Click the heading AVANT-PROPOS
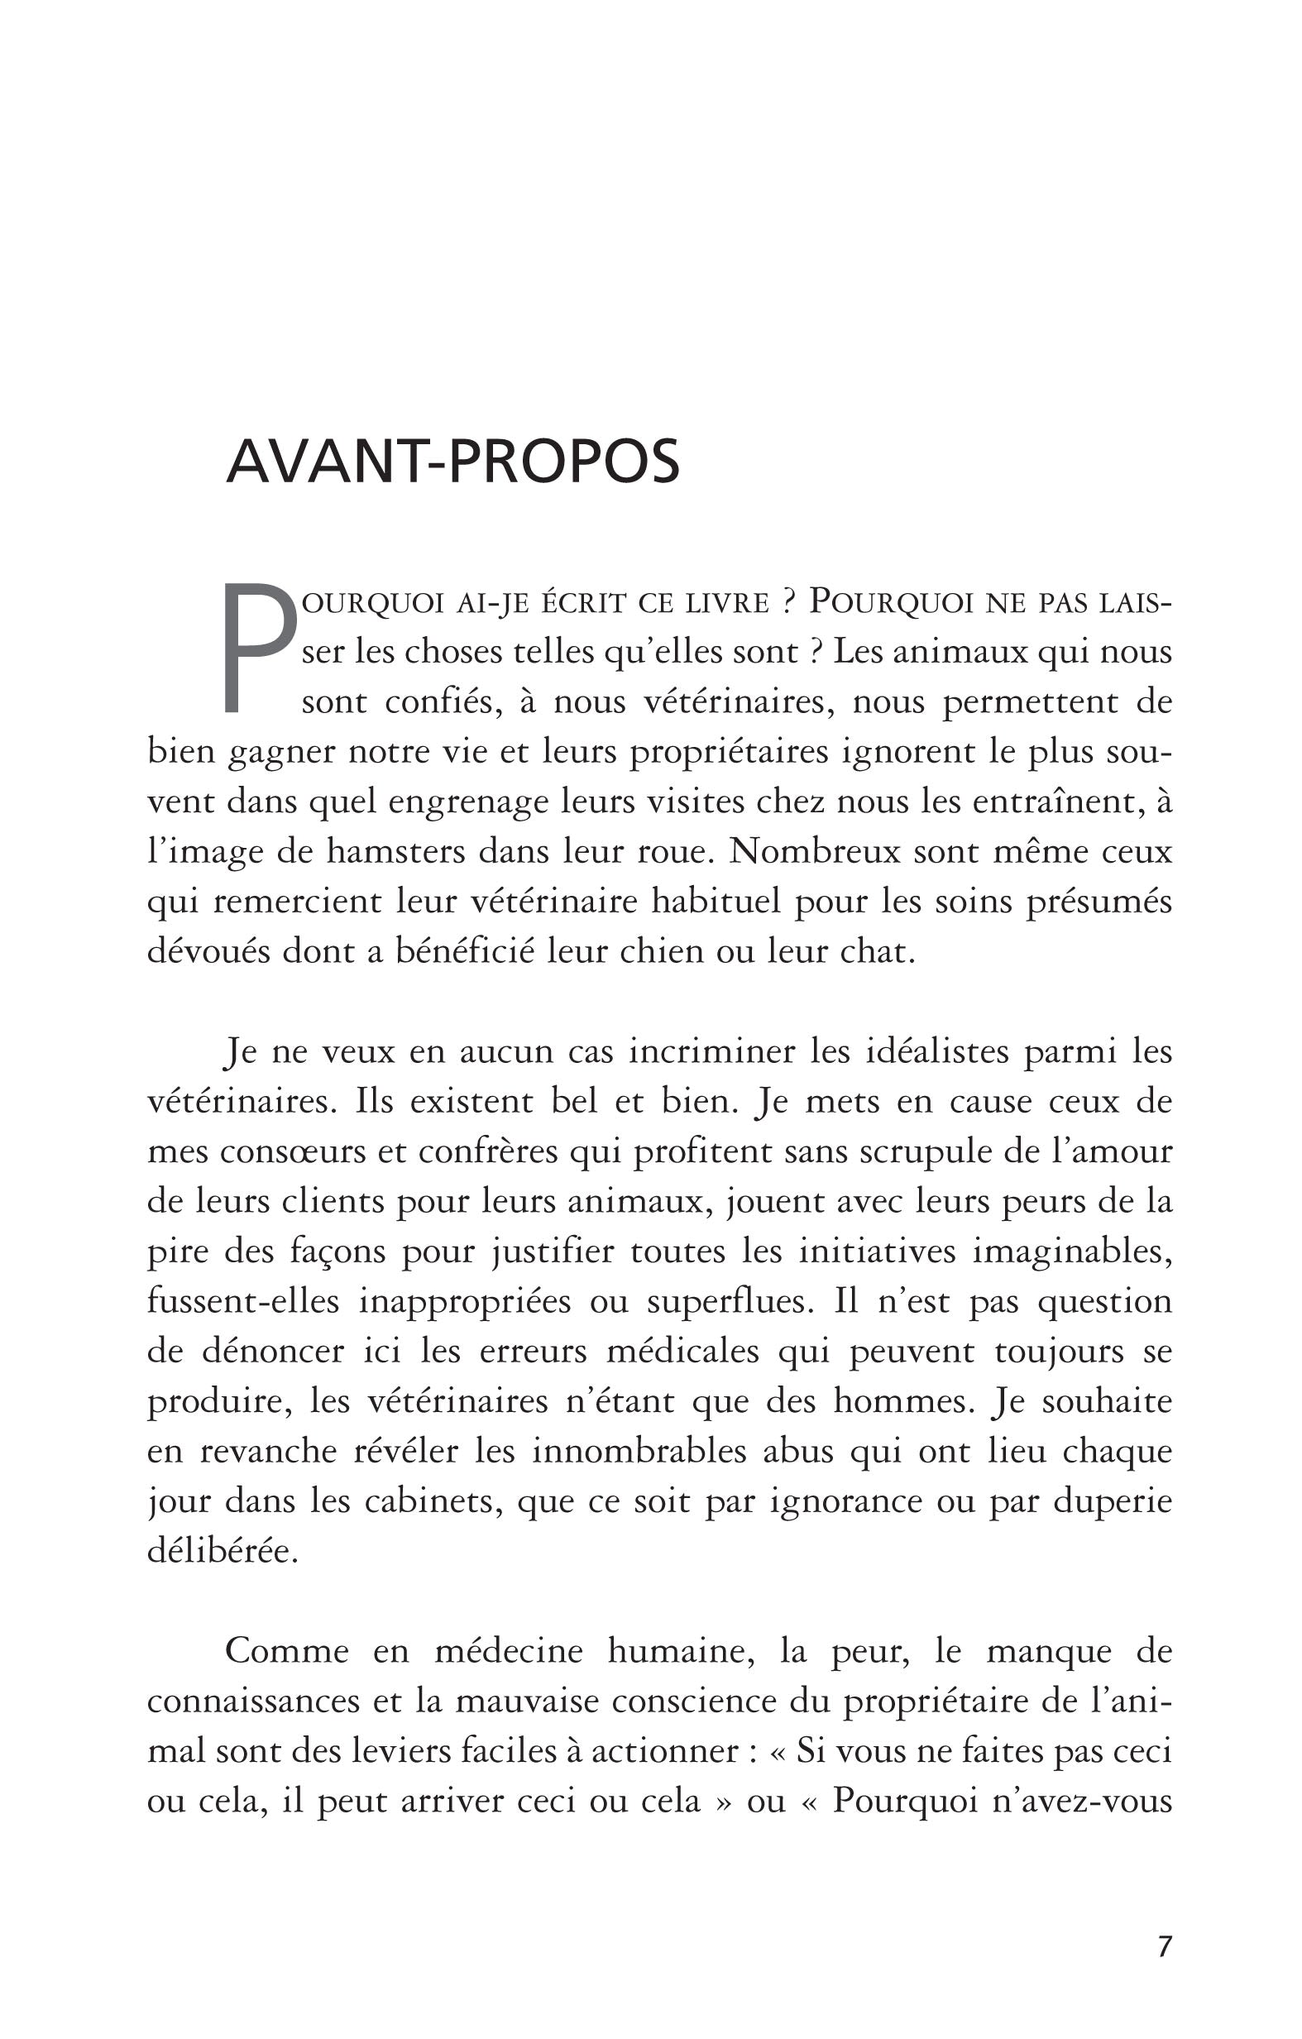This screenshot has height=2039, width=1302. tap(453, 462)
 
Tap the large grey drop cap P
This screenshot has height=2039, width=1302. tap(259, 648)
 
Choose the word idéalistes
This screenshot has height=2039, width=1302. tap(938, 1051)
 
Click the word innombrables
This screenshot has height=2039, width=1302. tap(639, 1452)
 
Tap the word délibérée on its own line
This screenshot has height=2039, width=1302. tap(223, 1551)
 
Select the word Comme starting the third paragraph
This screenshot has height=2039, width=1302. tap(287, 1651)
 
